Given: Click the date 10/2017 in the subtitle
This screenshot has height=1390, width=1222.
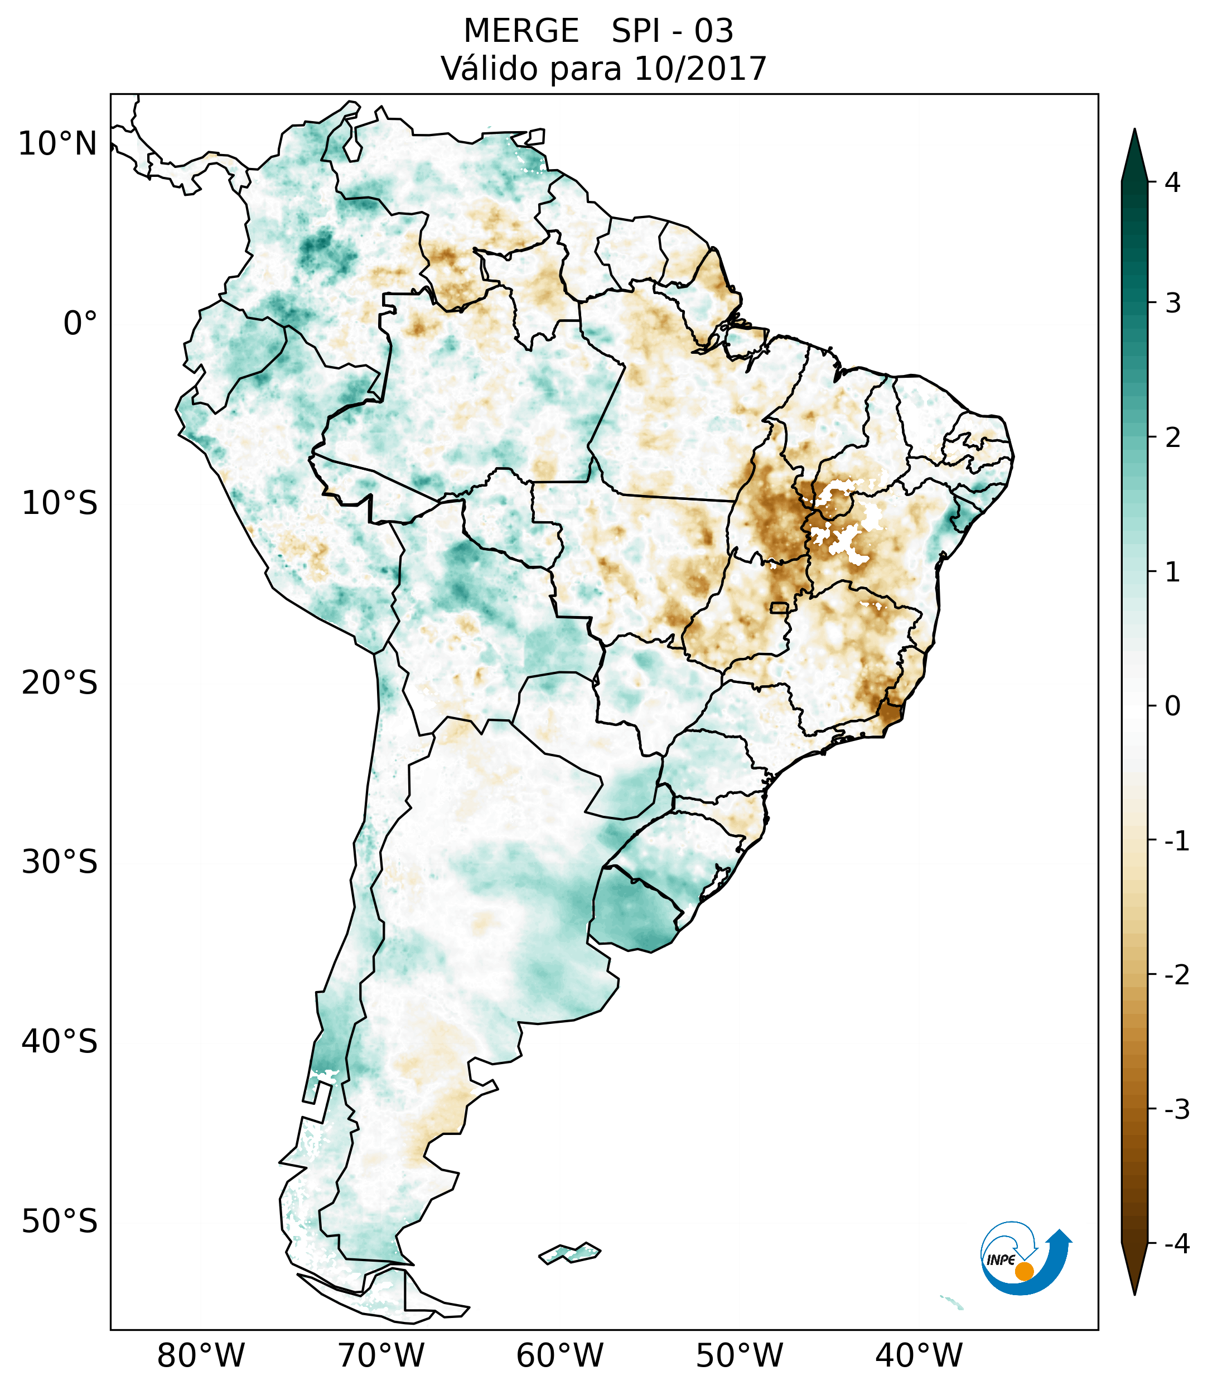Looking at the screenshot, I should point(700,69).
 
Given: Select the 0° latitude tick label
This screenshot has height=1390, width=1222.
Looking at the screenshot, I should point(80,324).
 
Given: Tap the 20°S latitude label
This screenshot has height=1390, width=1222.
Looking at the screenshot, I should point(60,683).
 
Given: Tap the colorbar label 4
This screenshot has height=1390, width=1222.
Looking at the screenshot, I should point(1172,182).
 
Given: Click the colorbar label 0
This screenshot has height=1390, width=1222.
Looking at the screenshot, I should point(1172,706).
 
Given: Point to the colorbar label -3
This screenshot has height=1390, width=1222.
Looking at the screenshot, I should point(1176,1110).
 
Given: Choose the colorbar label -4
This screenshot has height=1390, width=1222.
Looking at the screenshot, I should point(1176,1244).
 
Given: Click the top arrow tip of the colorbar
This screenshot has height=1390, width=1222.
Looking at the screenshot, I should point(1134,131).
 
